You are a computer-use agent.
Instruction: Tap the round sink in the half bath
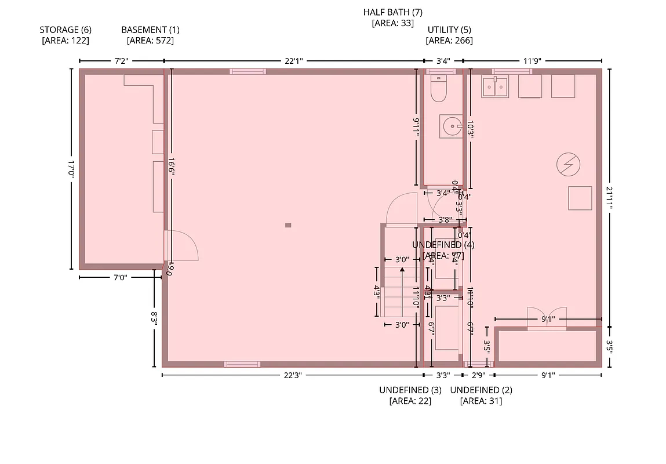450,125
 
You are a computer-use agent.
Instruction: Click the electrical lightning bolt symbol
566,165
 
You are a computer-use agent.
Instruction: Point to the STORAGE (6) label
65,30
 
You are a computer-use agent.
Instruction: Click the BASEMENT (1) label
150,30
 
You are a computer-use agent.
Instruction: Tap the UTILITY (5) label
449,30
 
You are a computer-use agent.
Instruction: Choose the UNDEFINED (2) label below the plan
481,390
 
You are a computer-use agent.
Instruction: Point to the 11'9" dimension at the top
532,60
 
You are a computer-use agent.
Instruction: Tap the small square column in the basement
288,225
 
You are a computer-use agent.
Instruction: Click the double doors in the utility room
547,318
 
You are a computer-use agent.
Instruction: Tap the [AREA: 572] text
150,41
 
